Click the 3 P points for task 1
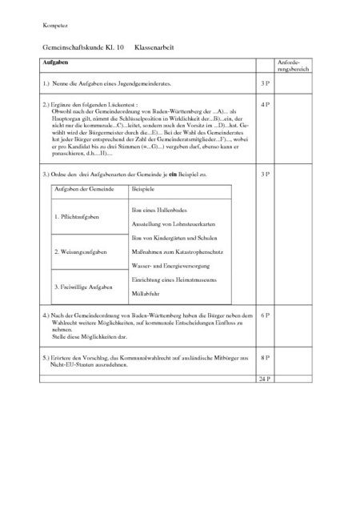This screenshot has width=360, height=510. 264,83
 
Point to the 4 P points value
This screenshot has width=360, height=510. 264,104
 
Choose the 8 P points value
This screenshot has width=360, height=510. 264,358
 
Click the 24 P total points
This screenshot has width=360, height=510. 264,376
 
